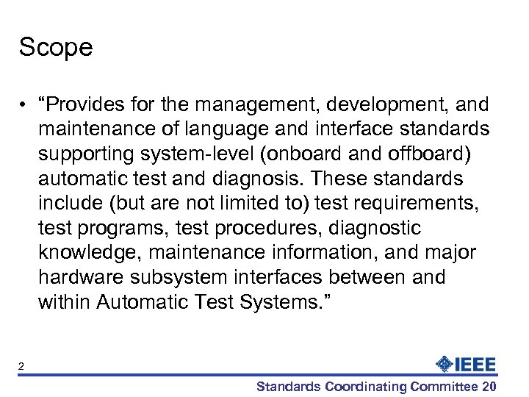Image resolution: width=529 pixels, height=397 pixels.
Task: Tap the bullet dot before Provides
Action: coord(25,104)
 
